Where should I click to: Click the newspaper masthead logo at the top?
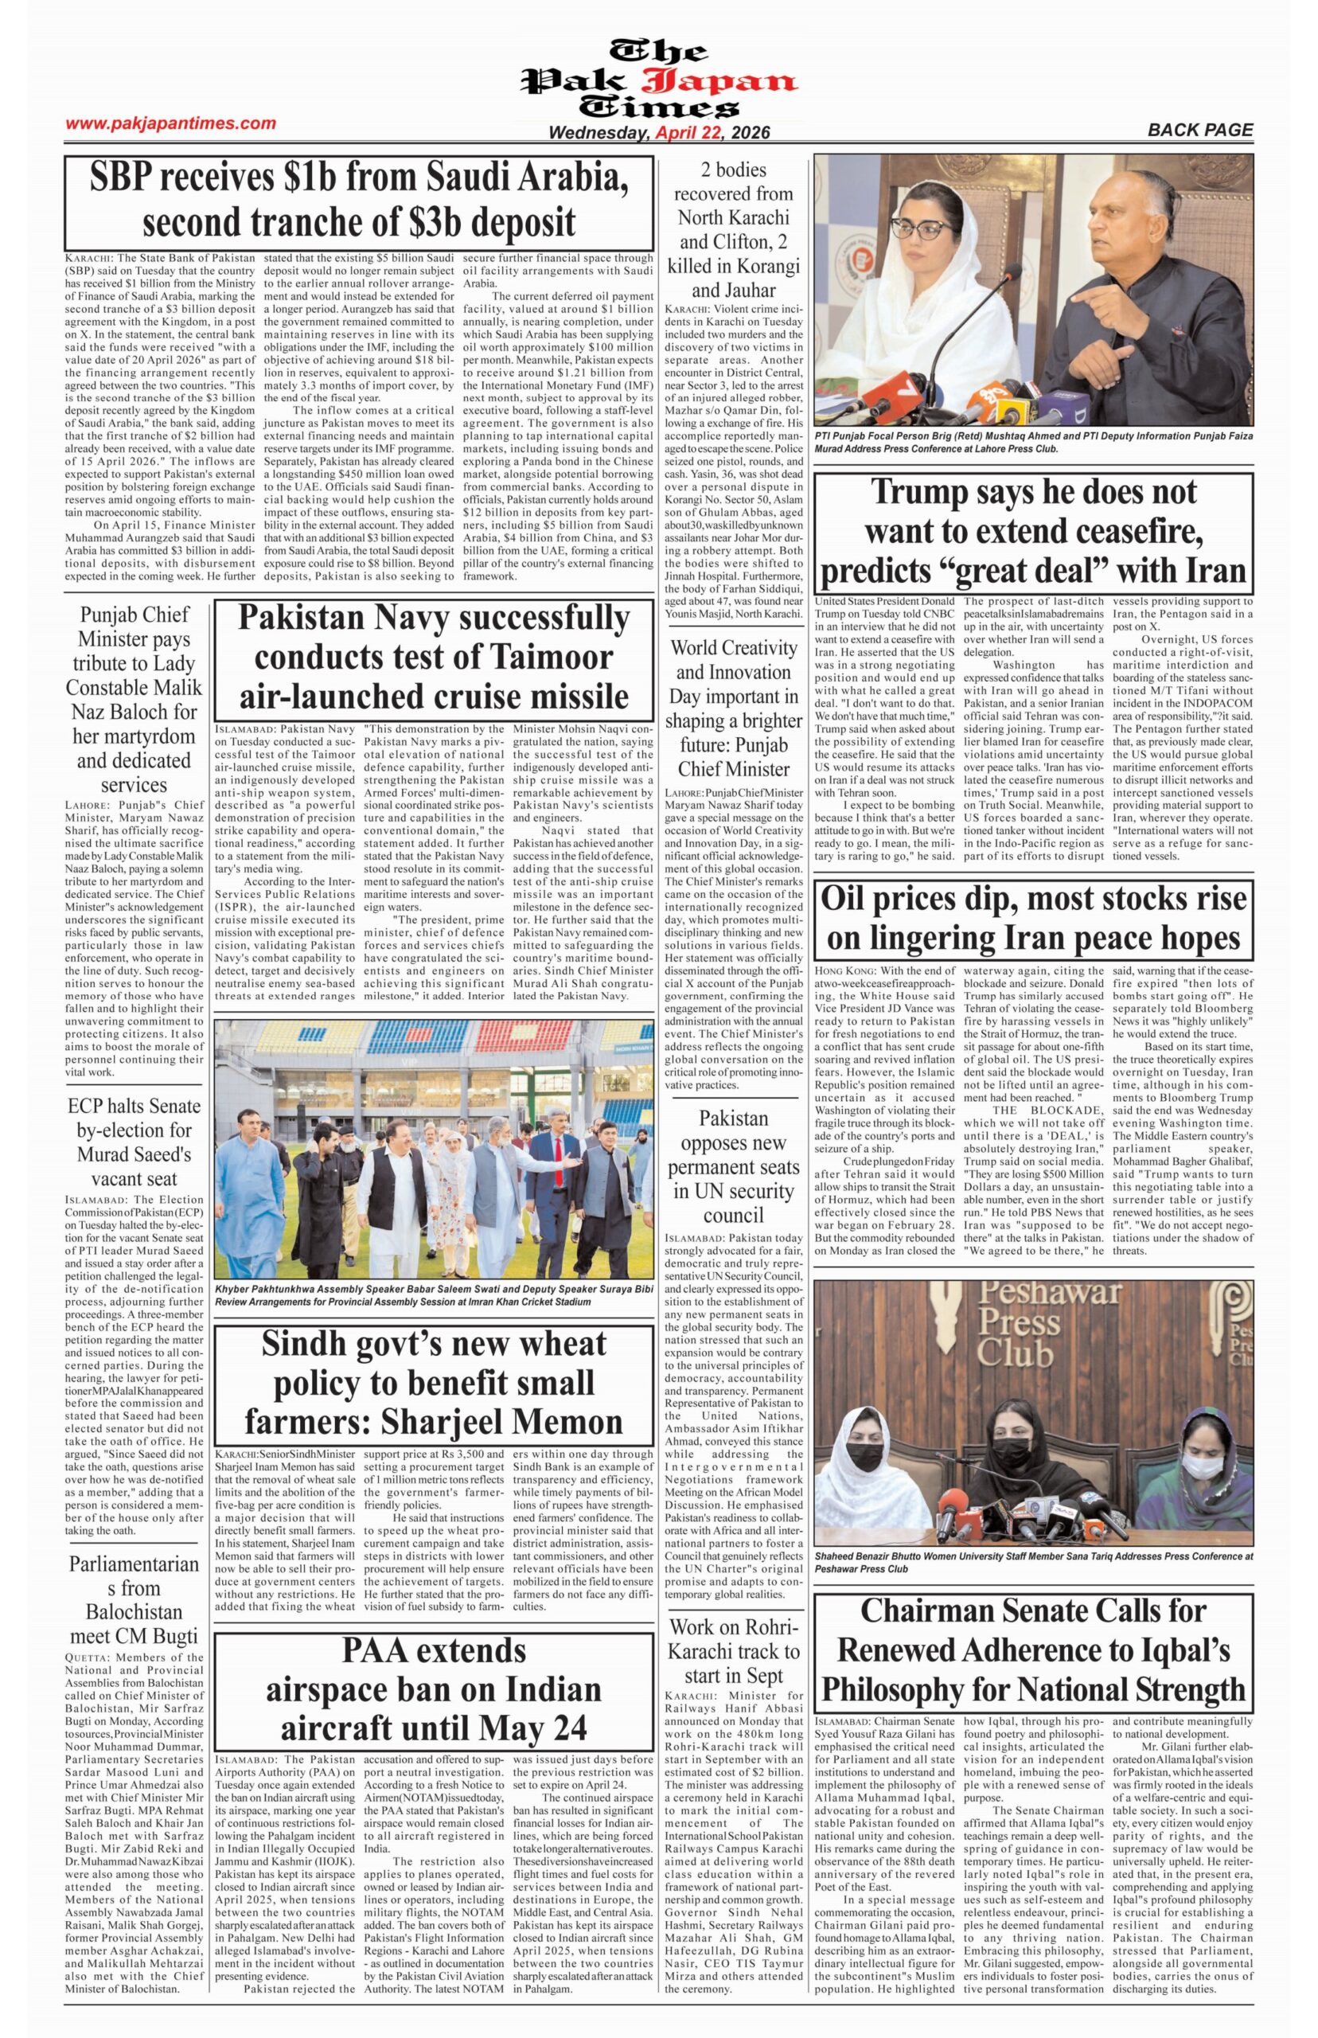pyautogui.click(x=659, y=79)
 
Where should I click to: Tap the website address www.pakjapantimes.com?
pyautogui.click(x=171, y=123)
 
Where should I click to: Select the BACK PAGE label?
pyautogui.click(x=1200, y=130)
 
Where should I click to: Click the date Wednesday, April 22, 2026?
pyautogui.click(x=659, y=134)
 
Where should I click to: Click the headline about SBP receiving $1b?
pyautogui.click(x=359, y=201)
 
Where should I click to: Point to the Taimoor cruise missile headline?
pyautogui.click(x=433, y=657)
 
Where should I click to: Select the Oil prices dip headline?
pyautogui.click(x=1034, y=919)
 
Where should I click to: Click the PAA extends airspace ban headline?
pyautogui.click(x=433, y=1689)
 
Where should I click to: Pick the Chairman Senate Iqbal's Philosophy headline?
pyautogui.click(x=1034, y=1650)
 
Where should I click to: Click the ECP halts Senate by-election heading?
pyautogui.click(x=135, y=1142)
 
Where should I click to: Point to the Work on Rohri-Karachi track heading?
pyautogui.click(x=734, y=1651)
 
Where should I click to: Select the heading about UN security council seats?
pyautogui.click(x=734, y=1166)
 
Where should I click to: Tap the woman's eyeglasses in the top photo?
pyautogui.click(x=920, y=228)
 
